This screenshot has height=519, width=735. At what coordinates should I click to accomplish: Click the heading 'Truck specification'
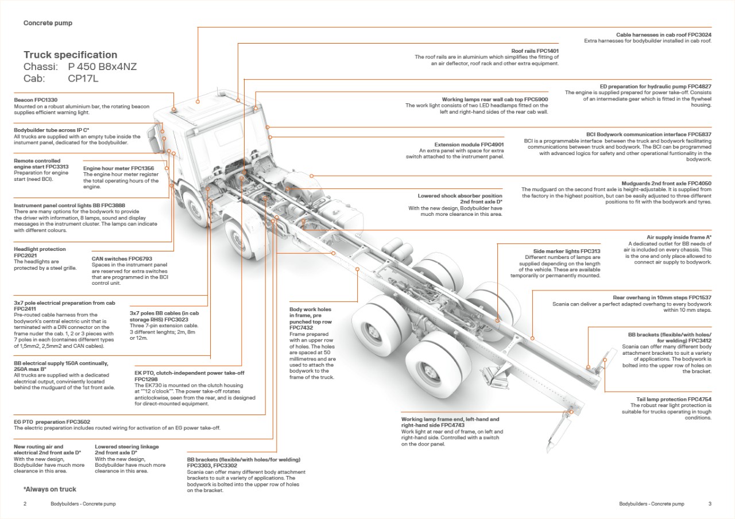coord(70,55)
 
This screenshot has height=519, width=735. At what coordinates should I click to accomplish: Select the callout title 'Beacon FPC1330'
coord(36,100)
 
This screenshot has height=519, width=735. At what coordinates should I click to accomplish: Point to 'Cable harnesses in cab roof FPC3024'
coord(664,35)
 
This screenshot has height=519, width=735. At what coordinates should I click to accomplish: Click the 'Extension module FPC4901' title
coord(469,145)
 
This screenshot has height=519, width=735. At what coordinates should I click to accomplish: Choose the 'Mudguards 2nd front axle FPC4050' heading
coord(666,184)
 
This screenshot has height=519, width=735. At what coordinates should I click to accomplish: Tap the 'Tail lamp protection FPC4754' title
coord(670,399)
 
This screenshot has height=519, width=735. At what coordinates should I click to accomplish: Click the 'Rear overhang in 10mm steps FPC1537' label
coord(661,297)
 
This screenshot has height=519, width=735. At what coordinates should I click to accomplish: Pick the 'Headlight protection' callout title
coord(40,249)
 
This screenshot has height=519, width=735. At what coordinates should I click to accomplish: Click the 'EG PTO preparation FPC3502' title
coord(52,422)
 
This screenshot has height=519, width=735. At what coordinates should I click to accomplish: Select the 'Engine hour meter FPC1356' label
coord(118,168)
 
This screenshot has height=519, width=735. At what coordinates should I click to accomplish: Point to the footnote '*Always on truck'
coord(50,490)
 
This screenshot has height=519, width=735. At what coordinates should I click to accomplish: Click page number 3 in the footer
coord(710,504)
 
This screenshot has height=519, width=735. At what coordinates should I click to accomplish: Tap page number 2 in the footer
coord(25,504)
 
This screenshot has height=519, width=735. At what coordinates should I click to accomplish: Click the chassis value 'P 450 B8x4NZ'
coord(102,67)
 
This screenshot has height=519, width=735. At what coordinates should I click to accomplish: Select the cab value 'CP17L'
coord(83,79)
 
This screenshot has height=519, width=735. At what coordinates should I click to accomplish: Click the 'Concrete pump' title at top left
coord(48,24)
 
